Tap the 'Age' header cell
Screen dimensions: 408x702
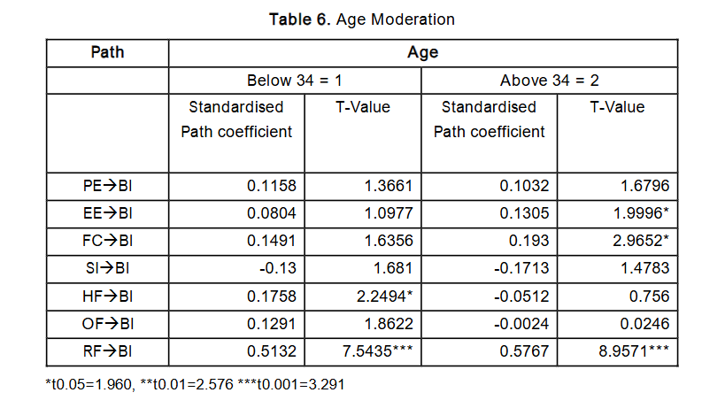[x=422, y=52]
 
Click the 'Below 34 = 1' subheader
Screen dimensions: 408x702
[x=294, y=81]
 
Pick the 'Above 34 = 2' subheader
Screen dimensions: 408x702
[x=549, y=81]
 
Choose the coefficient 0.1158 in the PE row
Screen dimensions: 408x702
[x=273, y=186]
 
